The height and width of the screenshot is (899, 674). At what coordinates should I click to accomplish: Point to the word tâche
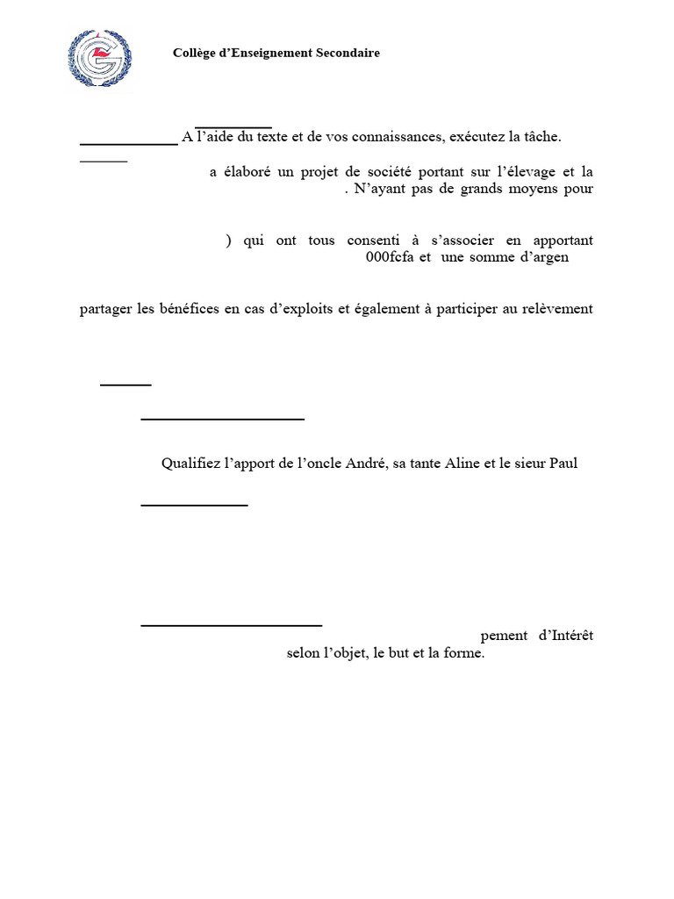pyautogui.click(x=541, y=137)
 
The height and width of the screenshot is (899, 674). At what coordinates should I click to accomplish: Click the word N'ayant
pyautogui.click(x=379, y=189)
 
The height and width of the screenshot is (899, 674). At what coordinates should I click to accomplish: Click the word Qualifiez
pyautogui.click(x=191, y=464)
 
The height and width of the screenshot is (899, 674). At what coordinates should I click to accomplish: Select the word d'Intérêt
pyautogui.click(x=565, y=636)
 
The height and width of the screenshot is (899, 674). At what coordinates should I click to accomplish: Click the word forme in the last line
pyautogui.click(x=464, y=653)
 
